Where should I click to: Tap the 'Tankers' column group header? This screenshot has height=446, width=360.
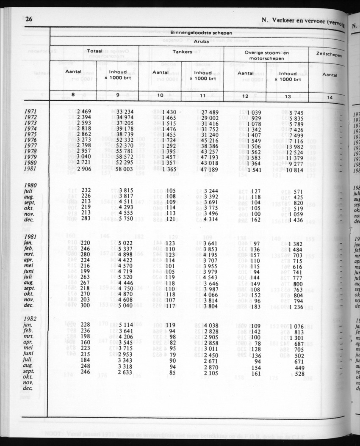pyautogui.click(x=182, y=52)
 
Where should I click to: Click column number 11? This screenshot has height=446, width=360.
pyautogui.click(x=202, y=96)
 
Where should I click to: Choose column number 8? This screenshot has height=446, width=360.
pyautogui.click(x=73, y=95)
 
